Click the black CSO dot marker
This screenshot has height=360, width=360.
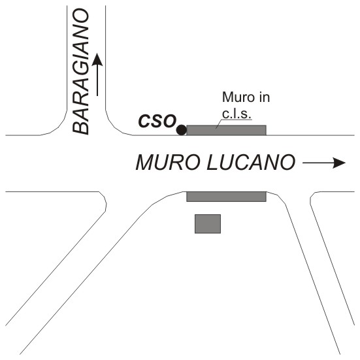pos(182,130)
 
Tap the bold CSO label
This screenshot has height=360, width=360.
pos(157,121)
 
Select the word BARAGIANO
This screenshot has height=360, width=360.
pos(80,71)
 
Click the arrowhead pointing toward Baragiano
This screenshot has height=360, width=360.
pos(97,59)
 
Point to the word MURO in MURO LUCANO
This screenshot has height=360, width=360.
pos(168,162)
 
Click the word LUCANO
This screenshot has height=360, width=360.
pos(251,162)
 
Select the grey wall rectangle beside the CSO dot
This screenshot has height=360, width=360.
pos(226,130)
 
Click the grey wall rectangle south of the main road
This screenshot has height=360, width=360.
pos(226,197)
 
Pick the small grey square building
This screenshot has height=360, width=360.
pos(208,224)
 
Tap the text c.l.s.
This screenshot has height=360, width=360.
pos(236,114)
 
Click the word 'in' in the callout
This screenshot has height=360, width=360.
pos(265,97)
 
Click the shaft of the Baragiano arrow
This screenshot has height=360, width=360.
pos(97,80)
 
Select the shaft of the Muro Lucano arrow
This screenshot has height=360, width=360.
pos(318,163)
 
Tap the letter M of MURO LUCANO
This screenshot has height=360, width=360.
pos(145,162)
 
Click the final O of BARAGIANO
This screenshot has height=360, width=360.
pos(80,16)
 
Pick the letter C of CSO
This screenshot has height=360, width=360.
pos(144,121)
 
